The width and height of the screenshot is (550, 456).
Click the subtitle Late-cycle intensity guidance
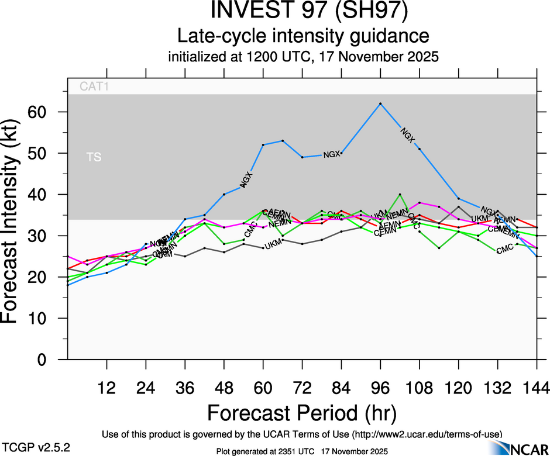click(x=304, y=36)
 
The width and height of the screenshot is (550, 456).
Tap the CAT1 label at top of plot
click(x=95, y=87)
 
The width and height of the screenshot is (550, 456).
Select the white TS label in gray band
click(x=94, y=158)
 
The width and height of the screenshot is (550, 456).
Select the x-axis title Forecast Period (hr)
click(x=302, y=413)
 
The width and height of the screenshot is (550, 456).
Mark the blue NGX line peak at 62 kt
click(x=380, y=103)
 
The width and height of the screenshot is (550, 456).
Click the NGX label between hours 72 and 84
click(x=332, y=154)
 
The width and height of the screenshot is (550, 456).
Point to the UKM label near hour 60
click(x=274, y=245)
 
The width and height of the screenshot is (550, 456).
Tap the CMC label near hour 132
click(x=504, y=250)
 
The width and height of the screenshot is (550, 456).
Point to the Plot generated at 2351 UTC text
click(x=264, y=450)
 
